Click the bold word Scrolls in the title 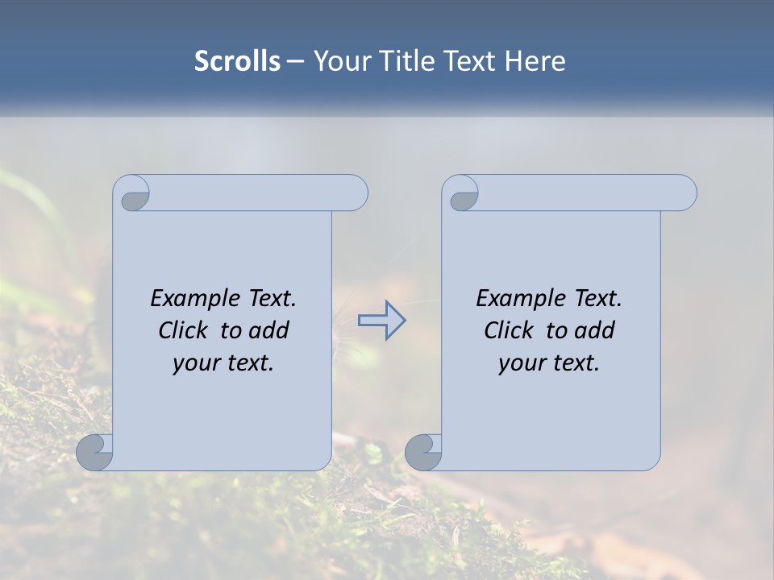pyautogui.click(x=237, y=61)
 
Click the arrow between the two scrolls pyautogui.click(x=381, y=320)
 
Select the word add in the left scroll pyautogui.click(x=268, y=330)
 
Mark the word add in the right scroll pyautogui.click(x=594, y=330)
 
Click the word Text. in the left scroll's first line pyautogui.click(x=272, y=299)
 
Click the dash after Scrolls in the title pyautogui.click(x=295, y=61)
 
